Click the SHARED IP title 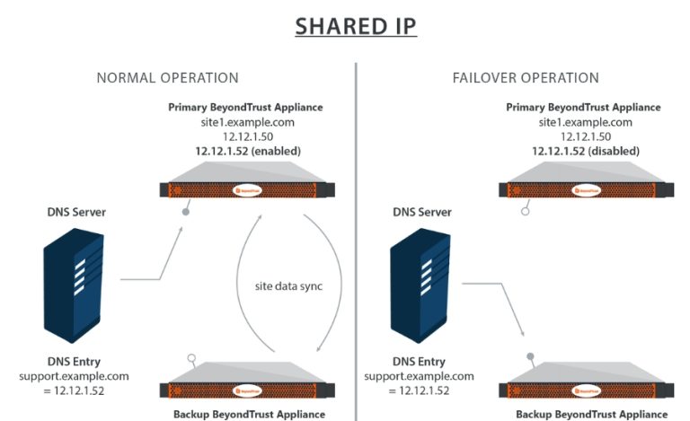pos(356,26)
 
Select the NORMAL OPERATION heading pos(167,78)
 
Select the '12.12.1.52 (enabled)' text pos(245,151)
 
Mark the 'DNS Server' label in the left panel pos(76,212)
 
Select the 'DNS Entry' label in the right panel pos(419,362)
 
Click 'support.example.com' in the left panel pos(75,376)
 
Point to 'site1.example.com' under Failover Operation pos(585,122)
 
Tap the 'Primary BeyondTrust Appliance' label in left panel pos(245,108)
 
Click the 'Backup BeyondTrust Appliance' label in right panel pos(591,414)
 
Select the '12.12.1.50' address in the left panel pos(245,136)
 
